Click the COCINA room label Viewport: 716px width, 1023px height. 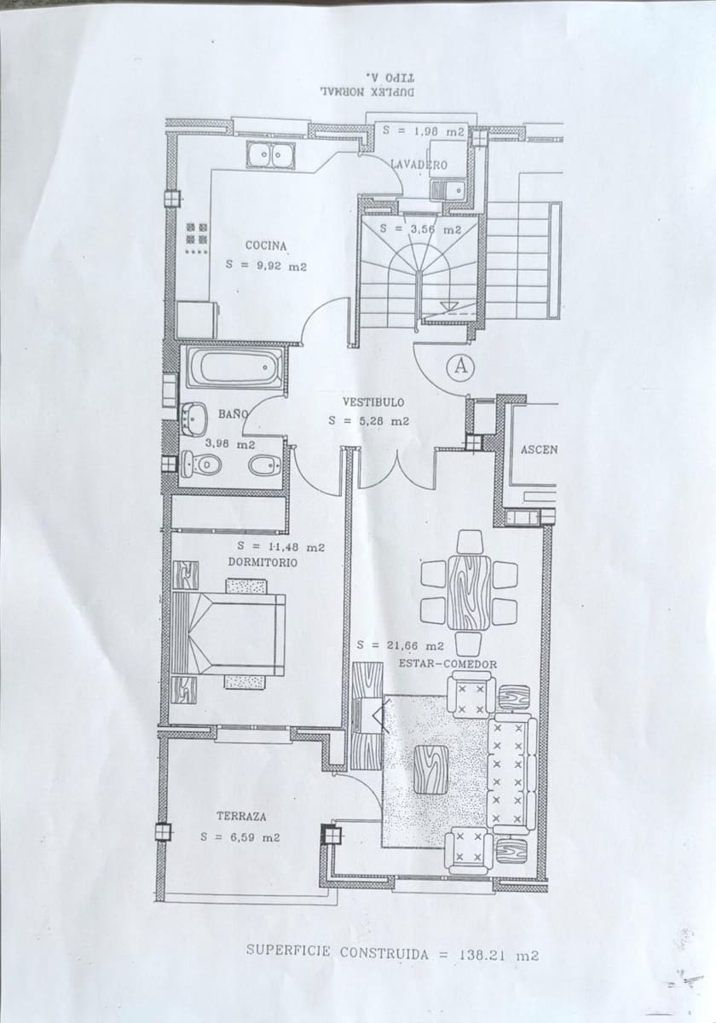tap(266, 246)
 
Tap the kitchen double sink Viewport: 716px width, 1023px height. tap(271, 156)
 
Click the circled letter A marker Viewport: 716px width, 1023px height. tap(461, 367)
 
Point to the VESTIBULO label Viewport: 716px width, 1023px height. tap(373, 401)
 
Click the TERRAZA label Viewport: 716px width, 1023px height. tap(240, 816)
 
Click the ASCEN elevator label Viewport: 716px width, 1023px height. tap(539, 449)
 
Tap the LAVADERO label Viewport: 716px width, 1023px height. tap(418, 164)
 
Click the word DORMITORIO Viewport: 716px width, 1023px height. tap(263, 563)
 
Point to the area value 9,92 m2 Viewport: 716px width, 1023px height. tap(266, 266)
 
